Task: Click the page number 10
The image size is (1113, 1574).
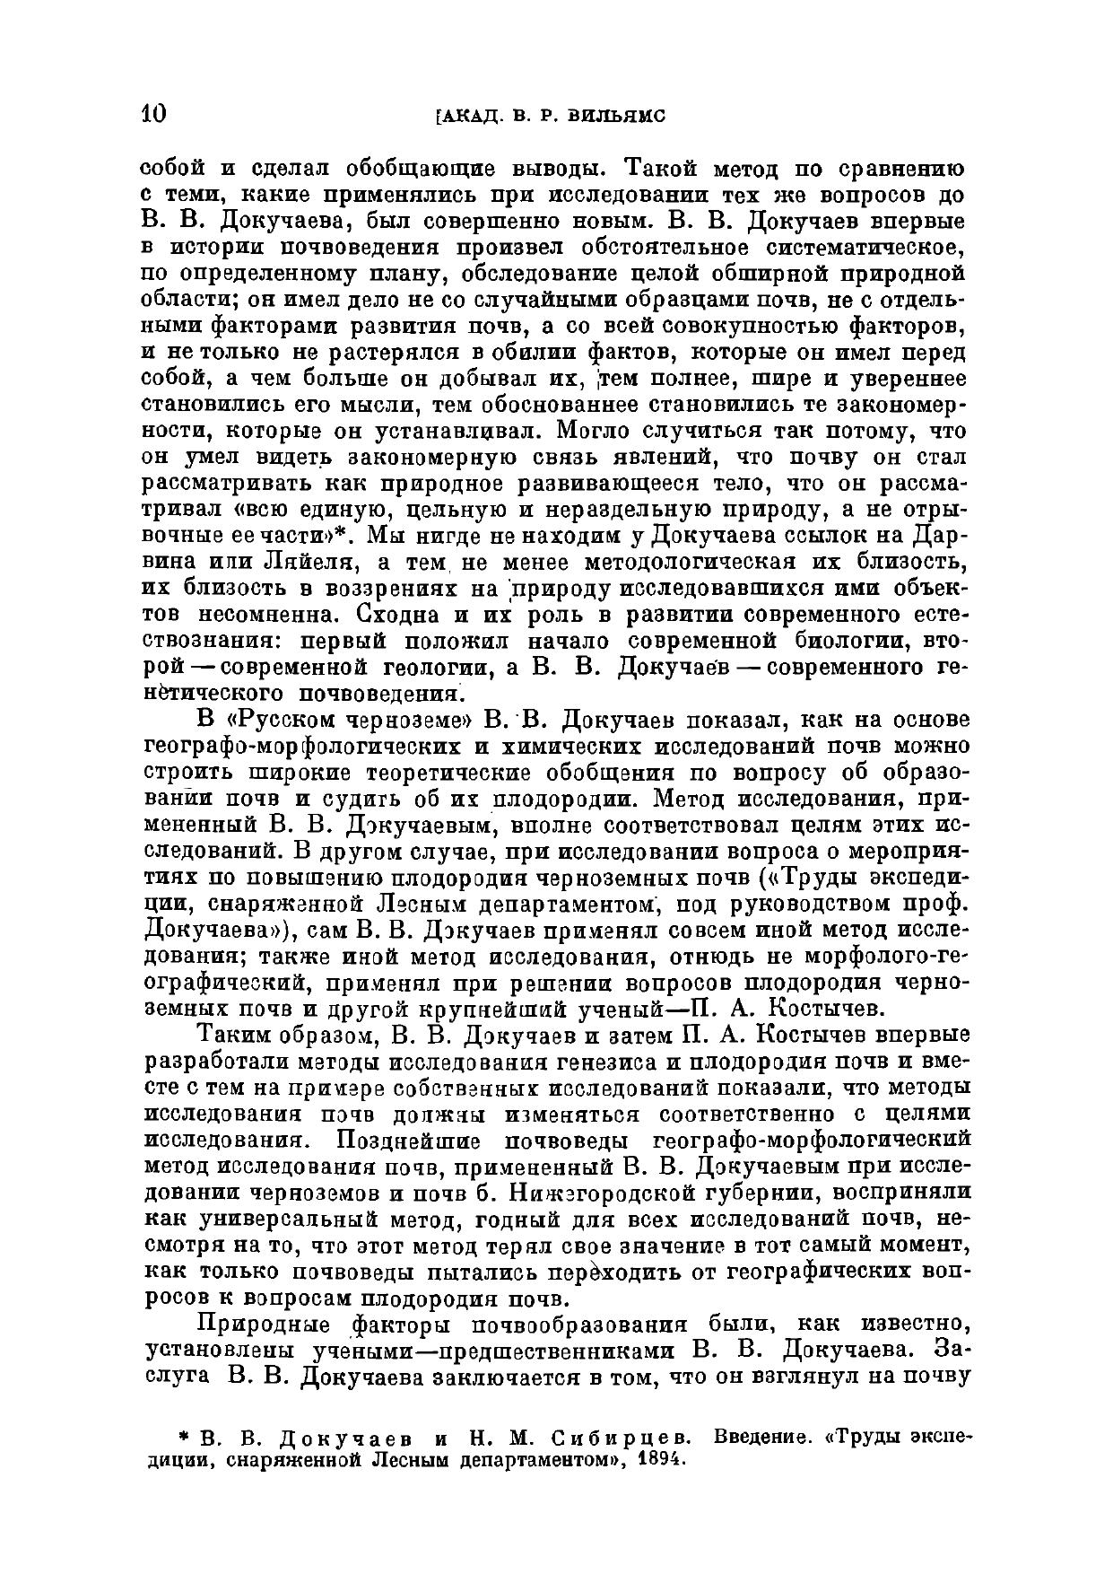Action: [153, 115]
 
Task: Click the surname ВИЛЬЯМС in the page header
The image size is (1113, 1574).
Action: [616, 117]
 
